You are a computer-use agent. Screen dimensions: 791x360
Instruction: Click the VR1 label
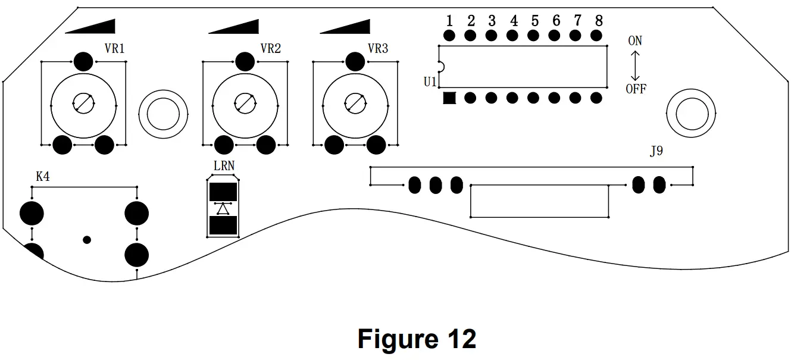[x=114, y=48]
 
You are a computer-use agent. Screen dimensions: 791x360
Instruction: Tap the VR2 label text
[x=270, y=48]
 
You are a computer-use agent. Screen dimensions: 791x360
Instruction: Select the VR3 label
[x=378, y=48]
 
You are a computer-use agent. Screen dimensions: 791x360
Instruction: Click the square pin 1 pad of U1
[x=449, y=98]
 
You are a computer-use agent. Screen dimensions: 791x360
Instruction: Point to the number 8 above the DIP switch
[x=599, y=21]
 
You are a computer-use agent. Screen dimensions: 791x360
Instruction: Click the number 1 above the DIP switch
[x=449, y=21]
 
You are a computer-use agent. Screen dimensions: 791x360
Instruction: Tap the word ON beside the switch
[x=635, y=41]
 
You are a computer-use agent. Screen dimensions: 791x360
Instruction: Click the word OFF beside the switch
[x=636, y=89]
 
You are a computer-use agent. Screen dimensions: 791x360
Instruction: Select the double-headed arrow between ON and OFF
[x=635, y=65]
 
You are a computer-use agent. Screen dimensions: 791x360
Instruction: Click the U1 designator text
[x=430, y=82]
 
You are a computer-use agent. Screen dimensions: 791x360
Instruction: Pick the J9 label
[x=656, y=151]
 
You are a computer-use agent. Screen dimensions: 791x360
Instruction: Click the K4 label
[x=43, y=177]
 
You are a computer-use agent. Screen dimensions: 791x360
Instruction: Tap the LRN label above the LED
[x=224, y=165]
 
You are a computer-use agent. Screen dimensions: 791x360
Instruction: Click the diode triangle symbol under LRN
[x=223, y=209]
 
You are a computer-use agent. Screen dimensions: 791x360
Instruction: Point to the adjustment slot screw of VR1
[x=84, y=104]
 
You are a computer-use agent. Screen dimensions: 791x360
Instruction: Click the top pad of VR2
[x=245, y=62]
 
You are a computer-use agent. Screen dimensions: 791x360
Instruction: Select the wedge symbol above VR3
[x=345, y=26]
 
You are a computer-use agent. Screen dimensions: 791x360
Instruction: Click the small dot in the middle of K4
[x=87, y=240]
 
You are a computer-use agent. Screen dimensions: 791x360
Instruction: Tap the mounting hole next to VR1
[x=163, y=114]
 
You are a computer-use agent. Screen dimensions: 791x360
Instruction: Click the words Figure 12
[x=417, y=339]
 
